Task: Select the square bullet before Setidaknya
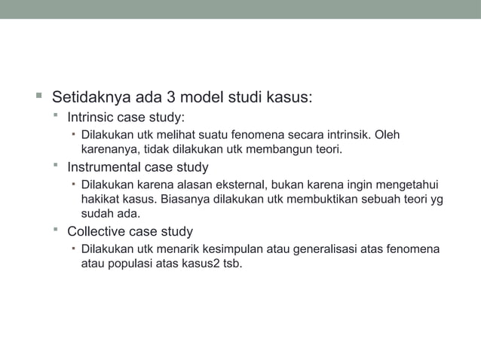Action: [38, 97]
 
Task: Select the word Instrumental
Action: [106, 167]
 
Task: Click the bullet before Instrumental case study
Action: [56, 165]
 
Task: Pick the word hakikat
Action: [100, 200]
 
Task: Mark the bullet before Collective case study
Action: [56, 229]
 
